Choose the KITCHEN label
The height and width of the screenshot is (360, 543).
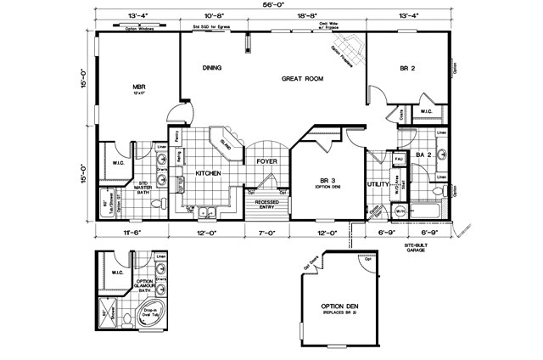point(209,173)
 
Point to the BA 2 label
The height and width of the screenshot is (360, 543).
point(424,155)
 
